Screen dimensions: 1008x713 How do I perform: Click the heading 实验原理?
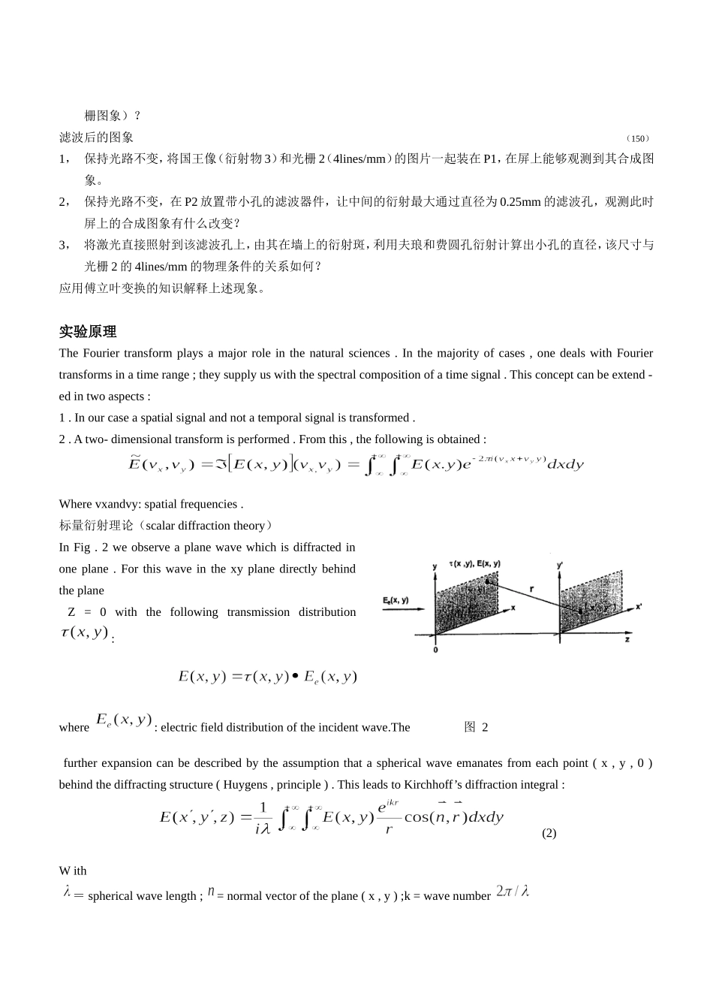tap(88, 332)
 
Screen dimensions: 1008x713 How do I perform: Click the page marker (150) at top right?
tap(638, 138)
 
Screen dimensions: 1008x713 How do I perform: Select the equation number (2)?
tap(549, 833)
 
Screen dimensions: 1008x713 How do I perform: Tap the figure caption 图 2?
tap(476, 727)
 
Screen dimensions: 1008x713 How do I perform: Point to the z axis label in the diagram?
tap(627, 639)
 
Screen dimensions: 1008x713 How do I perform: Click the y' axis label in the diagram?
tap(559, 563)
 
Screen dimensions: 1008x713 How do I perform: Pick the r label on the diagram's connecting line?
tap(531, 590)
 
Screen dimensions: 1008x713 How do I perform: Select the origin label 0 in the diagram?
tap(435, 649)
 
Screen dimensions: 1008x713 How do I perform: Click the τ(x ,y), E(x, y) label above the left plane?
tap(474, 563)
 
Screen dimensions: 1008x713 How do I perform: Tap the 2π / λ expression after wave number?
tap(513, 892)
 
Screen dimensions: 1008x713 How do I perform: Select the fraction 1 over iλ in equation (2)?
tap(262, 817)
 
